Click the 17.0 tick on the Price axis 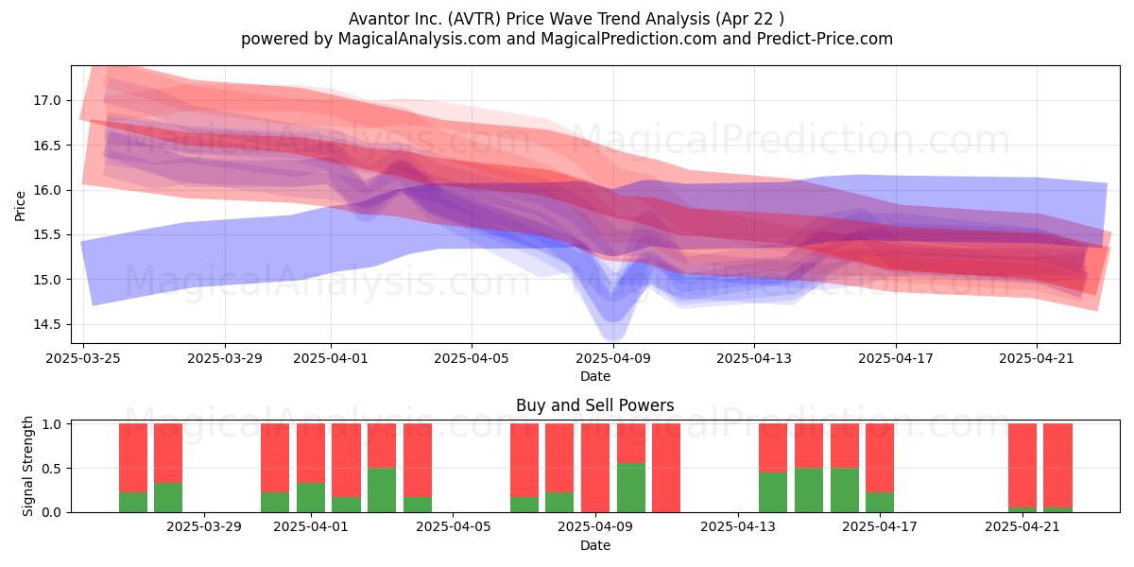[x=47, y=101]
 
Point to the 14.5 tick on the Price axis [x=47, y=324]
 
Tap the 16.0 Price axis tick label [x=47, y=190]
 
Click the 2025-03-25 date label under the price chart [x=83, y=358]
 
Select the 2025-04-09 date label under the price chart [x=613, y=358]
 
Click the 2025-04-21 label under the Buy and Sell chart [x=1022, y=527]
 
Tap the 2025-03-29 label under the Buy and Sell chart [x=204, y=527]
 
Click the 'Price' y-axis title [x=20, y=206]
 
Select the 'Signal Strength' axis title [x=27, y=466]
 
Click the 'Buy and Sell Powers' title [x=594, y=405]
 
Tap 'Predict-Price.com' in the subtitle [x=825, y=39]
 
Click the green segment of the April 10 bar [x=631, y=488]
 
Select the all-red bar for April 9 [x=595, y=468]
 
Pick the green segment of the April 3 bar [x=382, y=490]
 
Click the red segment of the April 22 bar [x=1057, y=466]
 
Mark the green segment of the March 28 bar [x=168, y=498]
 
